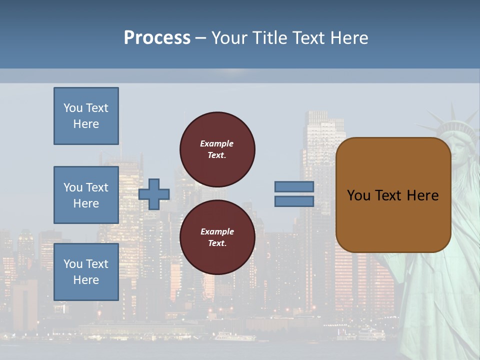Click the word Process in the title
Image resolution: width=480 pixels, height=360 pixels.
[x=157, y=38]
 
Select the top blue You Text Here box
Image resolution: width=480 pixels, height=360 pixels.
[x=86, y=116]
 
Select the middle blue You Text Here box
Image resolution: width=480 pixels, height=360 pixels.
[x=86, y=195]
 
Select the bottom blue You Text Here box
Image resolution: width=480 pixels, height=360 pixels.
[x=86, y=272]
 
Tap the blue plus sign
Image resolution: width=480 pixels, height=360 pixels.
[x=154, y=194]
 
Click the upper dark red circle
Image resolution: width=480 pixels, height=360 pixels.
[x=217, y=149]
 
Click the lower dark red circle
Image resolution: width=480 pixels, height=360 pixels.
[x=217, y=237]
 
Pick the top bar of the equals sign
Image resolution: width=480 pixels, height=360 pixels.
[x=294, y=187]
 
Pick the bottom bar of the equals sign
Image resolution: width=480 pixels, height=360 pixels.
[x=294, y=201]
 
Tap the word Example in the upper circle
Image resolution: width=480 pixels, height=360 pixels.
[x=217, y=143]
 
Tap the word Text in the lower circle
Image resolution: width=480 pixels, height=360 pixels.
[x=217, y=243]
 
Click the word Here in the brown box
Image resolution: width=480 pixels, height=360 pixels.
[x=422, y=195]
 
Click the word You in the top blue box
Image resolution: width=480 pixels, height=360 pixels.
[x=72, y=108]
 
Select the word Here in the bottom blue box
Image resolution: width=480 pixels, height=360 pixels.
[x=86, y=280]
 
